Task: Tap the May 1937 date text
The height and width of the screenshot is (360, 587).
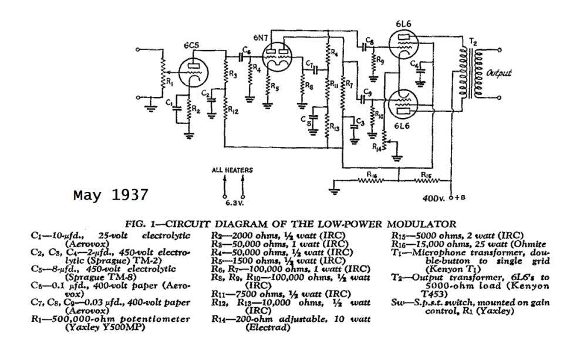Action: coord(110,194)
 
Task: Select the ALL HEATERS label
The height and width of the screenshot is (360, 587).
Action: coord(232,170)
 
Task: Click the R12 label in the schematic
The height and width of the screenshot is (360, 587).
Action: coord(234,112)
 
